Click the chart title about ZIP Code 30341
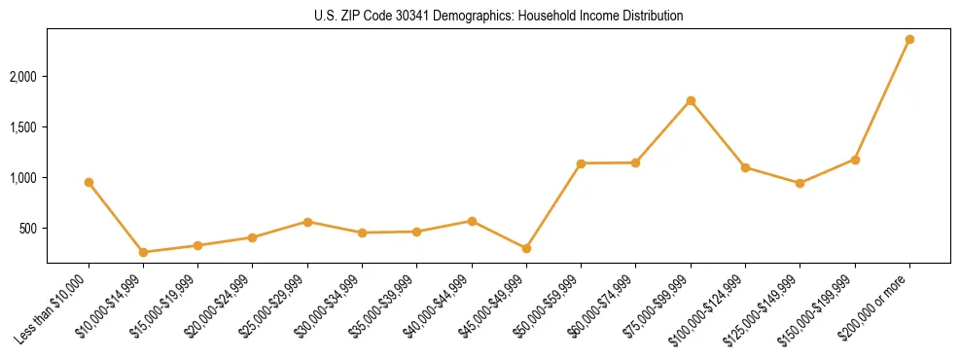tap(498, 17)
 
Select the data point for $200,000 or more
tap(909, 39)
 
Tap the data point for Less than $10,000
tap(89, 182)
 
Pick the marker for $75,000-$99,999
tap(691, 100)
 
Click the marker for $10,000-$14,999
tap(144, 252)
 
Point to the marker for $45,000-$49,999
tap(526, 248)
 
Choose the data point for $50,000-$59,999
tap(581, 163)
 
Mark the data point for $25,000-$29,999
tap(307, 222)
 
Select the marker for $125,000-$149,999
tap(800, 183)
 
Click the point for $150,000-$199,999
tap(855, 160)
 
